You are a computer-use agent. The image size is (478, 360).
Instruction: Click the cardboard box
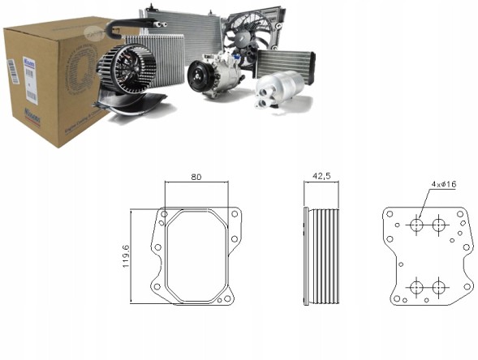coord(49,89)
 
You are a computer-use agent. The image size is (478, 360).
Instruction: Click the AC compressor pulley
coord(202,79)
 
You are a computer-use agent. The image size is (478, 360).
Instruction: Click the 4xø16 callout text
coord(443,185)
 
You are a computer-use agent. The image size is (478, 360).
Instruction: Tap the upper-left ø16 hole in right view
coord(418,225)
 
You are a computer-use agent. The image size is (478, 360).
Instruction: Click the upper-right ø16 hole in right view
coord(440,225)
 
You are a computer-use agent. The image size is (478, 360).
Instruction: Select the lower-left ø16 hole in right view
coord(418,286)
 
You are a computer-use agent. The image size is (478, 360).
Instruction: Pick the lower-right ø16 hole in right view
coord(440,286)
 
